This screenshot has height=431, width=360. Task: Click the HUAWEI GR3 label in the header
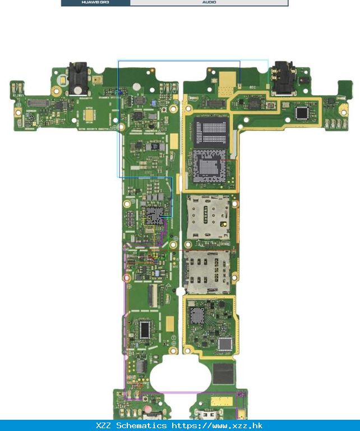pyautogui.click(x=95, y=3)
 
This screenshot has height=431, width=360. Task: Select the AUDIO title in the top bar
pyautogui.click(x=209, y=3)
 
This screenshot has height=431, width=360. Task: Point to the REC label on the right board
pyautogui.click(x=252, y=88)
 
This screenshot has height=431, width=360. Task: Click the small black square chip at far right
pyautogui.click(x=303, y=113)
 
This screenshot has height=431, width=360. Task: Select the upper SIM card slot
pyautogui.click(x=208, y=217)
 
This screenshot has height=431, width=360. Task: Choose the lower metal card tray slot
pyautogui.click(x=207, y=272)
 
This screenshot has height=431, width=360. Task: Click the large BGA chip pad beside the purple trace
pyautogui.click(x=153, y=215)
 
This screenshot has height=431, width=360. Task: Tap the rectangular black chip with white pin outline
pyautogui.click(x=145, y=330)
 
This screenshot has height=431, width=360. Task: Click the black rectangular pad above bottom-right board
pyautogui.click(x=223, y=373)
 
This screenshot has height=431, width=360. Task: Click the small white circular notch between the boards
pyautogui.click(x=179, y=292)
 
